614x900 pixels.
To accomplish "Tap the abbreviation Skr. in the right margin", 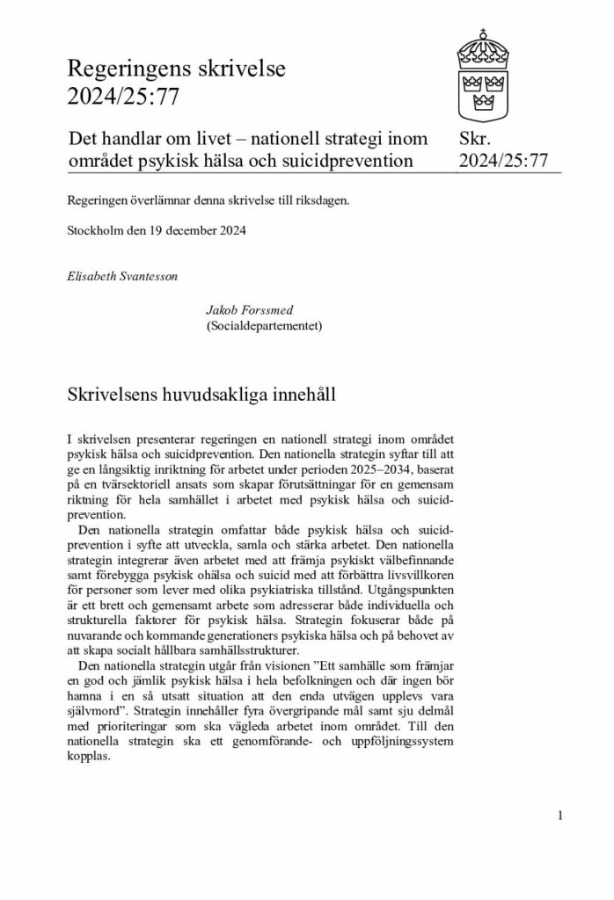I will coord(475,138).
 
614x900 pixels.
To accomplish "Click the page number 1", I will coord(559,816).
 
